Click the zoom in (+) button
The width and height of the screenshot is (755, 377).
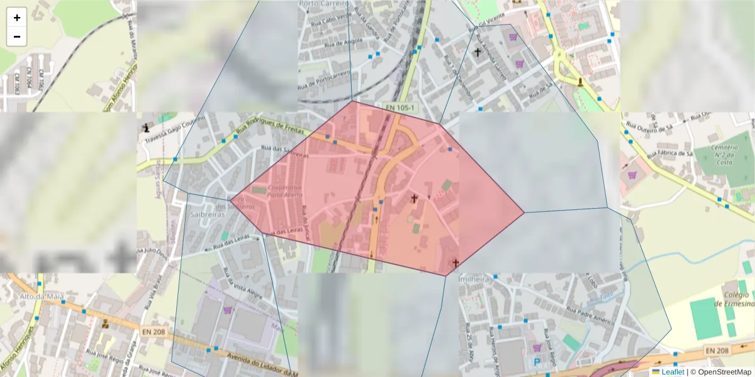point(17,18)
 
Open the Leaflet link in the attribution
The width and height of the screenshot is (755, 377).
point(673,372)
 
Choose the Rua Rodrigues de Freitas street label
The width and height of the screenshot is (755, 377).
point(270,131)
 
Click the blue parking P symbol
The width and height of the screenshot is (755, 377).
point(537,362)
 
